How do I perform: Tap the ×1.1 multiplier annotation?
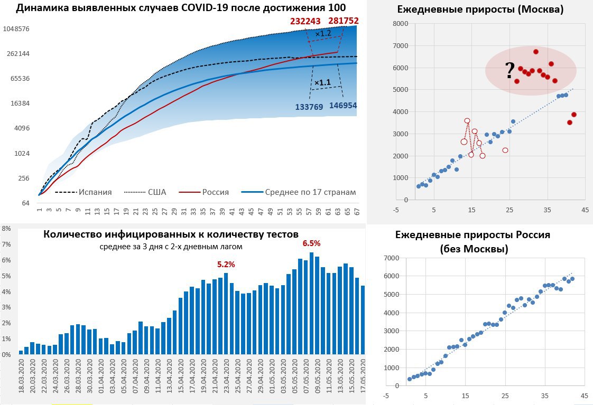tap(322, 83)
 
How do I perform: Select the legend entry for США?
tap(157, 192)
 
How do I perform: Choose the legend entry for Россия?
tap(216, 192)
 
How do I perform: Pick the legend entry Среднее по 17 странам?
tap(310, 192)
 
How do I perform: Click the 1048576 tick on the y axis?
tap(16, 29)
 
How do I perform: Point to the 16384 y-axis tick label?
tap(20, 103)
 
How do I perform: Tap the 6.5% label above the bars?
tap(311, 243)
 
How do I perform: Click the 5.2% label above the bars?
tap(226, 263)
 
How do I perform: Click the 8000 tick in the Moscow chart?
tap(401, 24)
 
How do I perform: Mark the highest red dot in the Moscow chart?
tap(536, 52)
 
